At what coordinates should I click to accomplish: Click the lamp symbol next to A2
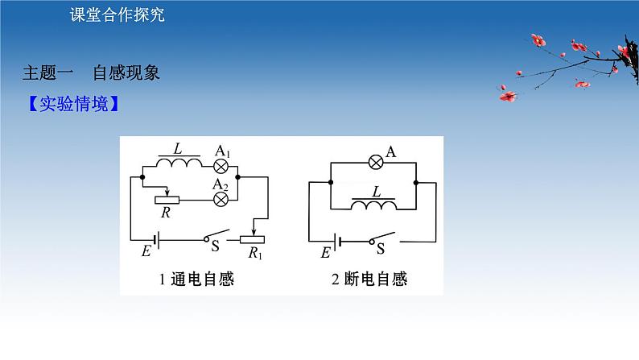tap(219, 202)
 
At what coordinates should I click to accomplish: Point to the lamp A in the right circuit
tap(375, 162)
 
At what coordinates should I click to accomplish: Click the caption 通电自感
tap(201, 279)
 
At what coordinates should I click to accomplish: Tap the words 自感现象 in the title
tap(126, 72)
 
